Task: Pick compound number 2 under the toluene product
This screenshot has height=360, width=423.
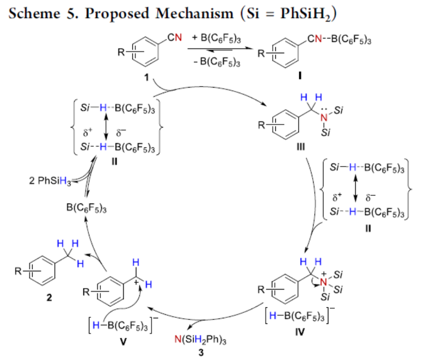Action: (x=48, y=298)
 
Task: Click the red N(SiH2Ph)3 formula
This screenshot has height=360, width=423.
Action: (x=201, y=340)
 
